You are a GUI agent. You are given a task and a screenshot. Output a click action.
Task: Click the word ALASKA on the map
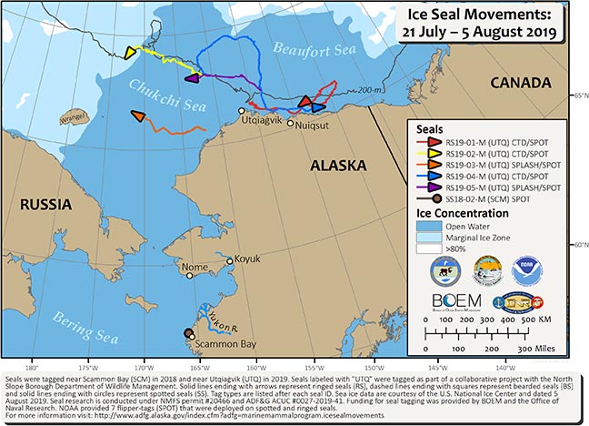click(337, 166)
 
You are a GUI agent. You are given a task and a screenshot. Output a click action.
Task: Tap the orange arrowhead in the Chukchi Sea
click(137, 117)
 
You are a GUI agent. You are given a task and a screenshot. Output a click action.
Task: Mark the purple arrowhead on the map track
click(191, 79)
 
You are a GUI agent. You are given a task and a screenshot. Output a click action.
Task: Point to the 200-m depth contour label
click(366, 89)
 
